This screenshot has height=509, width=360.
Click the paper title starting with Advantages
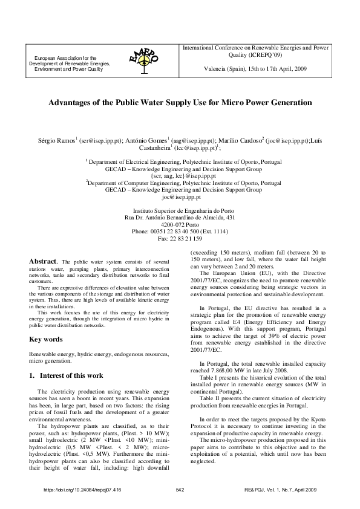point(180,103)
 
